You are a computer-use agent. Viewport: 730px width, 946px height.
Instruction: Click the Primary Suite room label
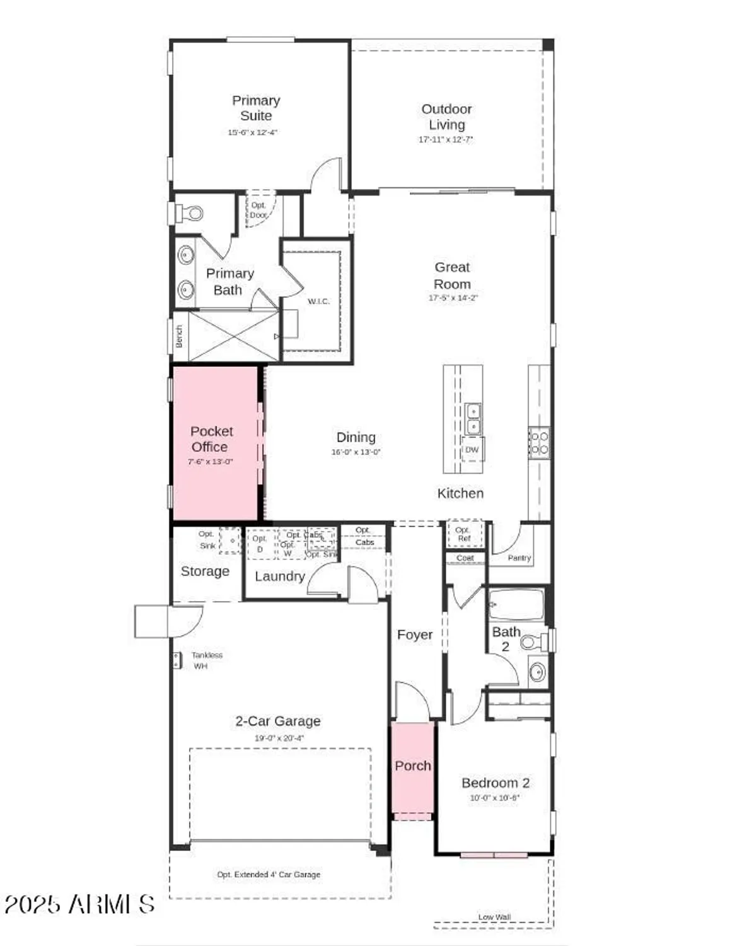tap(255, 108)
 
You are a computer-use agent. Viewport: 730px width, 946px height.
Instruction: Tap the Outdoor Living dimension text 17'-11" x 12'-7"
tap(445, 139)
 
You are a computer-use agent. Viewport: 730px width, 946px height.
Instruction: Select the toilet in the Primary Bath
tap(191, 213)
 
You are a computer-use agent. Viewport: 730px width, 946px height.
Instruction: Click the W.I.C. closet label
tap(318, 301)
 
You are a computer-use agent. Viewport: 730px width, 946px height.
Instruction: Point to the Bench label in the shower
tap(179, 336)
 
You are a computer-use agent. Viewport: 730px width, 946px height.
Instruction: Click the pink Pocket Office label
tap(211, 439)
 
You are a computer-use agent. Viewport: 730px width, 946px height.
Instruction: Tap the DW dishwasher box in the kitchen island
tap(472, 450)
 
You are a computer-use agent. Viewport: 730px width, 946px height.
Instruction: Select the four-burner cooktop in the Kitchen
tap(538, 442)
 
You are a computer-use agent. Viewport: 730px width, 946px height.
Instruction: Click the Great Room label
tap(452, 276)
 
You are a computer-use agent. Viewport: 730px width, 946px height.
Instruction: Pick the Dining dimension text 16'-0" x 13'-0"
tap(356, 452)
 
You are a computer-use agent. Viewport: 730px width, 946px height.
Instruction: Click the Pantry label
tap(519, 558)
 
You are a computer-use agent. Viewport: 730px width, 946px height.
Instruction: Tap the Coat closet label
tap(465, 558)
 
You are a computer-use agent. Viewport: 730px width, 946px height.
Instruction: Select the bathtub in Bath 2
tap(516, 605)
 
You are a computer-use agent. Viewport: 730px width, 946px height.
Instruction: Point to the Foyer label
tap(414, 635)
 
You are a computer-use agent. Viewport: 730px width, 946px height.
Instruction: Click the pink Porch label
tap(413, 766)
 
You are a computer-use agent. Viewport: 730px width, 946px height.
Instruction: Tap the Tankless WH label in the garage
tap(206, 660)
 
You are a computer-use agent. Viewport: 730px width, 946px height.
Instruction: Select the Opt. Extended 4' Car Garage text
tap(269, 875)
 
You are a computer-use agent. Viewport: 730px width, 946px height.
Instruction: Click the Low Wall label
tap(494, 917)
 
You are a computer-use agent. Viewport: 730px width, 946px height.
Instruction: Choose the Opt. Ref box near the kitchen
tap(463, 534)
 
